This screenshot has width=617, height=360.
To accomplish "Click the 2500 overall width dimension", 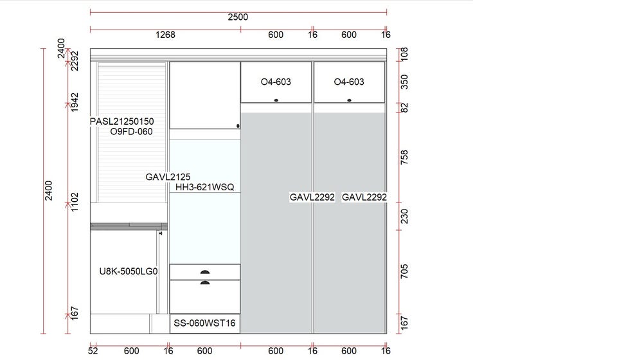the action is point(238,17).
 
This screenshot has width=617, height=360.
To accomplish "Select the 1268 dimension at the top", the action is point(165,35).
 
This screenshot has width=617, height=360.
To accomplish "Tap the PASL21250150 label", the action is point(121,122).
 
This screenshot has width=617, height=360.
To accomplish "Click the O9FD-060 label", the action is point(131,131).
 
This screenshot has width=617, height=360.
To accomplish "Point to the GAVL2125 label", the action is point(168,177).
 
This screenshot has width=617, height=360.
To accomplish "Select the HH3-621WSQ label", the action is point(204,187).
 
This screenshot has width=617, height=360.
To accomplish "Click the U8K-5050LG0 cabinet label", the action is point(129,271).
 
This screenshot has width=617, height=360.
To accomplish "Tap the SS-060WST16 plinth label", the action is point(204,323).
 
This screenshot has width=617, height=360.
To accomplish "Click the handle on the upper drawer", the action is point(205,272).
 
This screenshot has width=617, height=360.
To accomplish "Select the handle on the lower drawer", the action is point(205,282).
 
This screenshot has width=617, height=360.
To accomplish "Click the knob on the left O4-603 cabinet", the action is point(276,100).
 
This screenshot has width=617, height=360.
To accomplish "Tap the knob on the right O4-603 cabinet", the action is point(349,100).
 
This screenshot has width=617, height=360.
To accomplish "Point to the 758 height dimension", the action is point(404,157).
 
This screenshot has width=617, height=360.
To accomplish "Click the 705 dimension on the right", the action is point(404,271).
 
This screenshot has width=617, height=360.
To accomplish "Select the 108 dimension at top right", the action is point(404,54).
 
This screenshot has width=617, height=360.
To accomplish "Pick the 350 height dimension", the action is point(404,82).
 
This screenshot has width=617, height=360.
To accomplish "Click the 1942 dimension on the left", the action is point(75,102).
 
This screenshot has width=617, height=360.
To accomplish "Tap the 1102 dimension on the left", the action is point(75,202).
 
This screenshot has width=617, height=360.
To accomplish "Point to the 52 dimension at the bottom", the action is point(93,351).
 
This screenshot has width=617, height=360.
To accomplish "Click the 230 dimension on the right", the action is point(404,217).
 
